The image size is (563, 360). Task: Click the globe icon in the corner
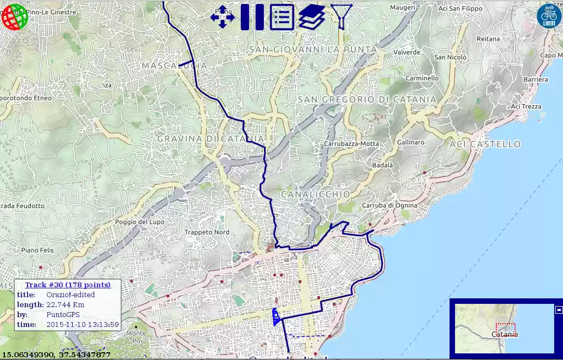pos(15,17)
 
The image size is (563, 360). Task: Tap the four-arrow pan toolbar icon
pos(223,17)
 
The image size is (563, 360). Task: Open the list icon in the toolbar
pos(281,17)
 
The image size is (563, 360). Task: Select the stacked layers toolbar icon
pos(311,17)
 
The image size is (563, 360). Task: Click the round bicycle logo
pos(549,15)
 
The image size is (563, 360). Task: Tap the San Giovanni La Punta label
pos(313,50)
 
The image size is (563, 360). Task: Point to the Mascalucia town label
pos(174,66)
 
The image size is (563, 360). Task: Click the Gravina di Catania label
pos(211,138)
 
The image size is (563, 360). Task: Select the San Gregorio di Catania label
pos(367,100)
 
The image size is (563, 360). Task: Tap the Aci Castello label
pos(485,144)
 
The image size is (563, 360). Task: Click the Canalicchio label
pos(315,194)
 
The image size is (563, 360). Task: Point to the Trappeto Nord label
pos(207,232)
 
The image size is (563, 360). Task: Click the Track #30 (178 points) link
pos(68,285)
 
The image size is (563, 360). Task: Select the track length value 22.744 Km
pos(66,305)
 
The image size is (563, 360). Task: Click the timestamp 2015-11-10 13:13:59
pos(83,325)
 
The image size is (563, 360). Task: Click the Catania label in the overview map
pos(505,334)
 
